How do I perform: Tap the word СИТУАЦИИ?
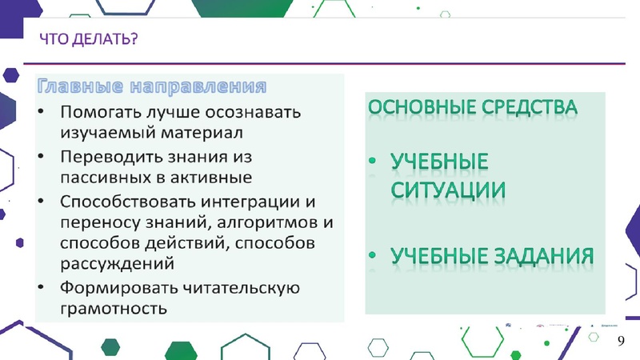448,190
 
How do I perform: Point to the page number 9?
621,342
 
